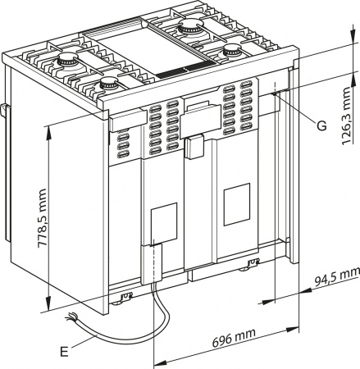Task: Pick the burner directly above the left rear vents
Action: pyautogui.click(x=107, y=82)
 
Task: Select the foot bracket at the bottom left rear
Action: pyautogui.click(x=125, y=297)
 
